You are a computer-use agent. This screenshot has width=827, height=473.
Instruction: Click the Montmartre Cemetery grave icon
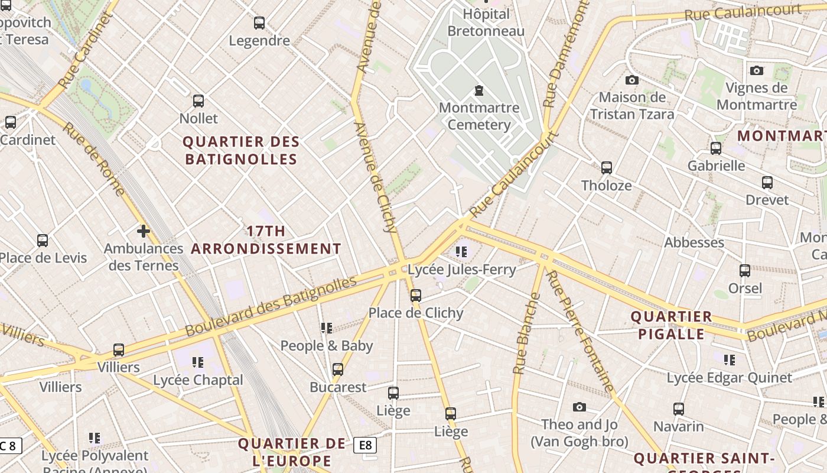[478, 90]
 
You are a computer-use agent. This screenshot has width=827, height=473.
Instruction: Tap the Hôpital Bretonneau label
[486, 22]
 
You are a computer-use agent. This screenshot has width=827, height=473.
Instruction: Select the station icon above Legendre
[259, 23]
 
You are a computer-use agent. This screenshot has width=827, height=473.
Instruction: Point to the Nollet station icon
[198, 101]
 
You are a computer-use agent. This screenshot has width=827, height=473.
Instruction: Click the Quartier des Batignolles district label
[241, 150]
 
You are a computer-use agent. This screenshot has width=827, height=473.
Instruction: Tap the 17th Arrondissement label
[266, 239]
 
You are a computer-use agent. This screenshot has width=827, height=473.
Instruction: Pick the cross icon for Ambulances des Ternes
[143, 231]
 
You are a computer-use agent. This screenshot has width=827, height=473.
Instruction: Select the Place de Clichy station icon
[416, 295]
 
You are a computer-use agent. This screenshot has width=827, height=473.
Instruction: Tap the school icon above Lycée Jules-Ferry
[461, 252]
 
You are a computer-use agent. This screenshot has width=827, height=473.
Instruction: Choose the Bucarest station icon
[338, 370]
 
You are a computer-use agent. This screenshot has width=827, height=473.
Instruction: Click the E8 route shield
[365, 445]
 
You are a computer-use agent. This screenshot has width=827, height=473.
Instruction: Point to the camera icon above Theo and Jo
[579, 407]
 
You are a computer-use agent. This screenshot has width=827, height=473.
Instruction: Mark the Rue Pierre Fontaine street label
[579, 331]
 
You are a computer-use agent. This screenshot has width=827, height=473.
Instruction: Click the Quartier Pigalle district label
[671, 325]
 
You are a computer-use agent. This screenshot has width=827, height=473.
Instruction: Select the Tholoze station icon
[607, 168]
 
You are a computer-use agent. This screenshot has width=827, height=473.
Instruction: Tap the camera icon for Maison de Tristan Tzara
[631, 80]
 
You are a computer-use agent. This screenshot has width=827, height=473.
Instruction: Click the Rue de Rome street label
[94, 158]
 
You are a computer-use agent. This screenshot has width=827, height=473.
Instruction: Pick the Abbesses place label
[694, 242]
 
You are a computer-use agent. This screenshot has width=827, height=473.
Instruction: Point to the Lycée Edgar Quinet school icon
[730, 359]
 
